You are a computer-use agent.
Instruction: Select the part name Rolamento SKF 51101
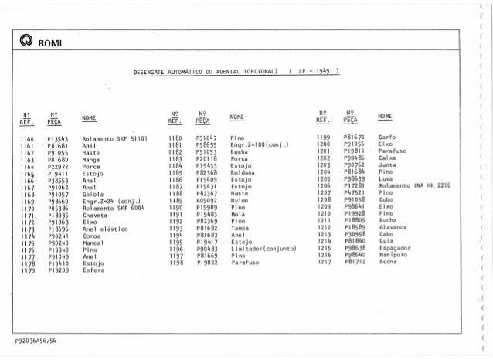(114, 137)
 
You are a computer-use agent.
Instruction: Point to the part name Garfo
(386, 137)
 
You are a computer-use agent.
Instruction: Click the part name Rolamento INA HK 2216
(415, 186)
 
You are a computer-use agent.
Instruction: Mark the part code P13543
(59, 137)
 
